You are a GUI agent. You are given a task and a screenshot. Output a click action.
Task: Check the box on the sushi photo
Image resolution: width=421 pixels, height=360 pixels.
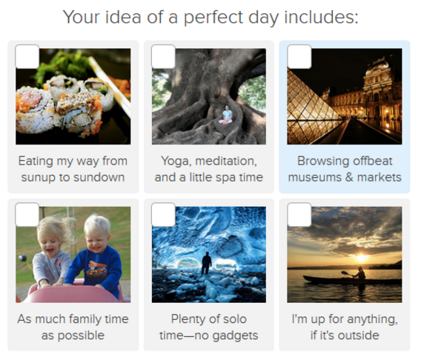tap(27, 56)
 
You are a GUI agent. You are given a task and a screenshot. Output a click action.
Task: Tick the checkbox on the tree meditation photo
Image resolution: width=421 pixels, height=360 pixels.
tap(163, 56)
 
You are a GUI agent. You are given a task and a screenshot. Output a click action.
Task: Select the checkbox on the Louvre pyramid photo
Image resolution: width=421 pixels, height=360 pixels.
tap(299, 56)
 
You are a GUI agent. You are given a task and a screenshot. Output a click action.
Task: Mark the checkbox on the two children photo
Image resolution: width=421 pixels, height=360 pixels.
tap(27, 215)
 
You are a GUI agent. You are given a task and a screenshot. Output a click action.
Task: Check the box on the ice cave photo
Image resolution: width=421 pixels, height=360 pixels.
tap(163, 215)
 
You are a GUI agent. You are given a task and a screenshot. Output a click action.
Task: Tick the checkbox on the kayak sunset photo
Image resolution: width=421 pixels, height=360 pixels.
tap(299, 215)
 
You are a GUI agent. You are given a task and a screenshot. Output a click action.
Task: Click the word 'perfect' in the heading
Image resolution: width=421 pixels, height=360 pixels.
tap(214, 18)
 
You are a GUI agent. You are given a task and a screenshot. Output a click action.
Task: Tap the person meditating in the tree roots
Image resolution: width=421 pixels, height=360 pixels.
tap(226, 115)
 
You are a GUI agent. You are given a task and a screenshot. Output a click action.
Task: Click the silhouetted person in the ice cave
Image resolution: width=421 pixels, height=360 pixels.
tap(207, 263)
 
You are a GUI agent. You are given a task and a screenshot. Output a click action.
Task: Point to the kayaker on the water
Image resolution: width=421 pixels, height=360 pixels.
tap(359, 274)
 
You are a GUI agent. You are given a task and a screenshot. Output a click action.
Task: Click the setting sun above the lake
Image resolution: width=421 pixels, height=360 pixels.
tap(361, 258)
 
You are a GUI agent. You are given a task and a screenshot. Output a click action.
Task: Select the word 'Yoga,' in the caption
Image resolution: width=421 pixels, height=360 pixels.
tap(177, 161)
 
